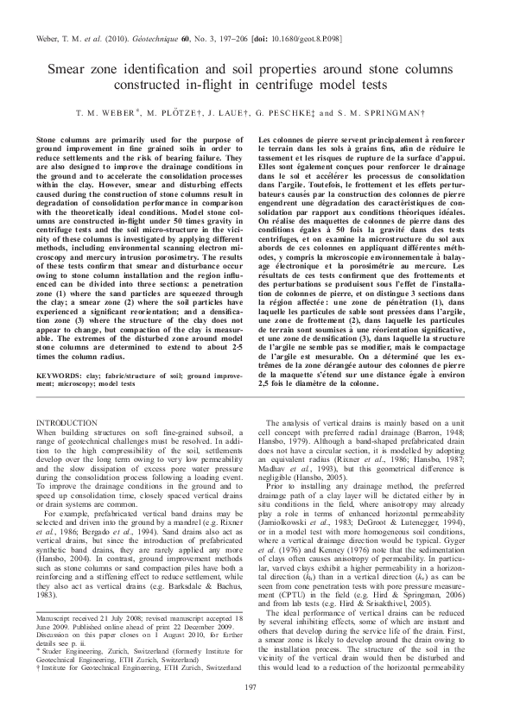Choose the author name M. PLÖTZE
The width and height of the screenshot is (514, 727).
(175, 114)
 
